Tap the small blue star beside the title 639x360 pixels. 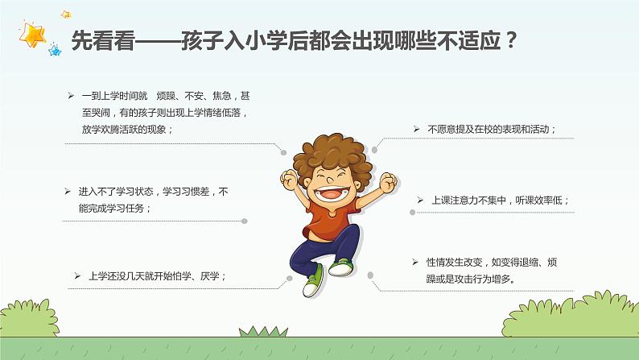(x=55, y=51)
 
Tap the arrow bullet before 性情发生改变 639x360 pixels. (x=406, y=263)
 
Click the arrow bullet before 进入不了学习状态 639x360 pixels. (x=68, y=192)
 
